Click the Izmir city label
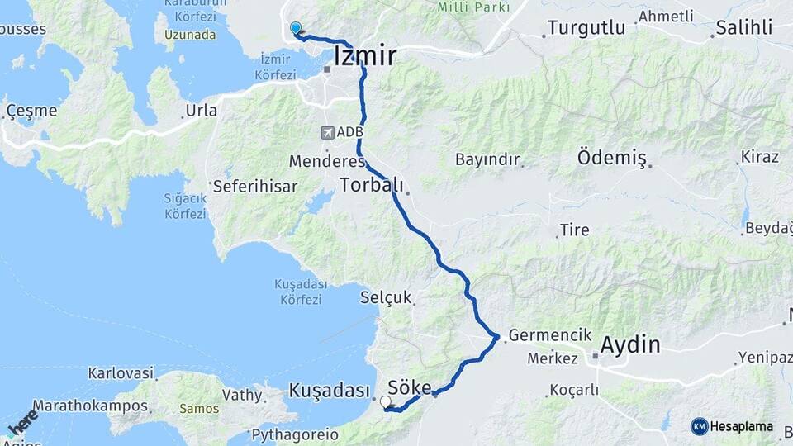(x=365, y=56)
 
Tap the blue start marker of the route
(x=296, y=28)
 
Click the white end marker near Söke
(x=386, y=402)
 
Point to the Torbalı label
(x=372, y=185)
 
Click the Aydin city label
(x=631, y=344)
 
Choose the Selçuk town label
(x=385, y=298)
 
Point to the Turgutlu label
(x=586, y=27)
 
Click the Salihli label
(x=743, y=27)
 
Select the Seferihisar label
(x=254, y=187)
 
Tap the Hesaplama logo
(x=732, y=426)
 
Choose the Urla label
(x=202, y=110)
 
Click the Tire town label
(x=574, y=230)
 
